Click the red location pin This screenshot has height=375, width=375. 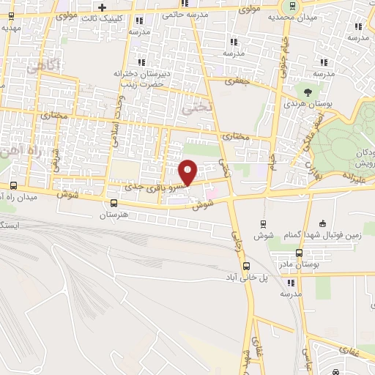click(188, 172)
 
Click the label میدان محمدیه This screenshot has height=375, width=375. click(287, 16)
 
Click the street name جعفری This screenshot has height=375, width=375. click(239, 82)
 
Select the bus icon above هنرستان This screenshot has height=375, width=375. click(113, 204)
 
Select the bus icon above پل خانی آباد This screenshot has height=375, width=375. click(245, 267)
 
